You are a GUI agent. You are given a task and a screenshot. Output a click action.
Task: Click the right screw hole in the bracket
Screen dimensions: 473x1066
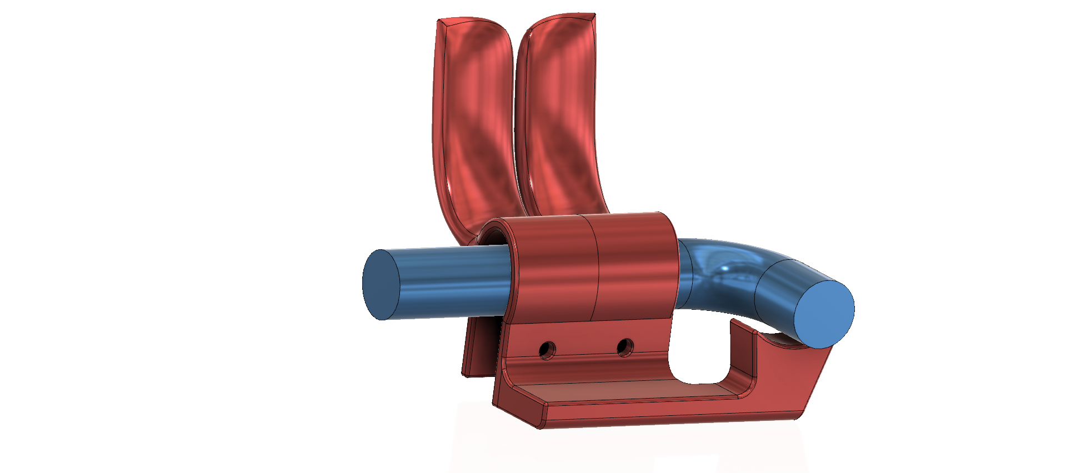coord(625,348)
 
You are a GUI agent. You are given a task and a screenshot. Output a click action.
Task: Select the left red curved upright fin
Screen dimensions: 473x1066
coord(472,122)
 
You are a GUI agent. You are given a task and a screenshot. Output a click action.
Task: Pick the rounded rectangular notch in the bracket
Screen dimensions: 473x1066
coord(699,355)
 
